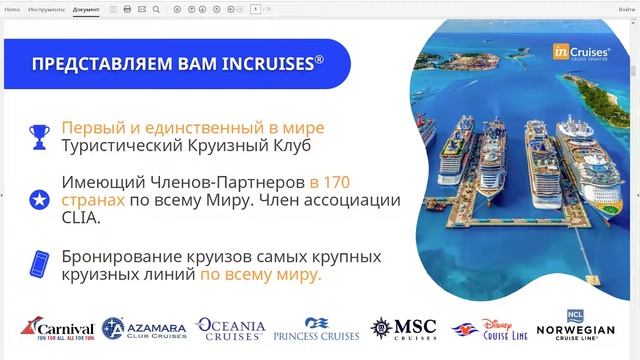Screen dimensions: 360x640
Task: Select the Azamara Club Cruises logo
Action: tap(145, 329)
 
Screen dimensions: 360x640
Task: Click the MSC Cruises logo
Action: tap(404, 329)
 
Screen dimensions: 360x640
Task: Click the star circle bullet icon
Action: tap(41, 199)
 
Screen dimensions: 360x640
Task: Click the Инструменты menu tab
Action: tap(45, 8)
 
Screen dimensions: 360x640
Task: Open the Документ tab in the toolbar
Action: tap(87, 8)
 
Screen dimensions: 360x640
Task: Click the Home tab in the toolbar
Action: tap(12, 8)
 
